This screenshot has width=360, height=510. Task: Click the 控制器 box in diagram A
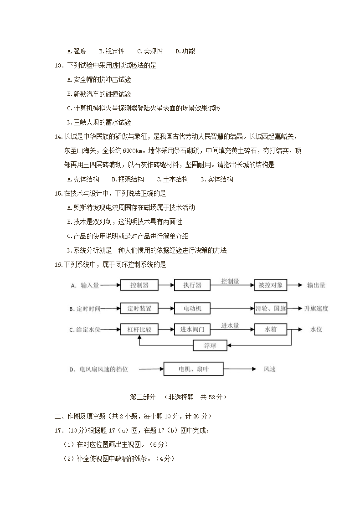pos(139,285)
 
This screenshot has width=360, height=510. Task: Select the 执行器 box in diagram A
pos(192,285)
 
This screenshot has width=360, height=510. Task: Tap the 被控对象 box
pos(271,285)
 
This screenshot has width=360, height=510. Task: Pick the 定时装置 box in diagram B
pos(139,309)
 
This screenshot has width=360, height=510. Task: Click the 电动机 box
pos(192,309)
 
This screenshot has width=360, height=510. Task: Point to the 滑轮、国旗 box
pos(271,309)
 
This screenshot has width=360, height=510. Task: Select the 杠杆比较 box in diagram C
pos(139,329)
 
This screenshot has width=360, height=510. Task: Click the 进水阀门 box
pos(192,329)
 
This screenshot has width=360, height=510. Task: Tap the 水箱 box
pos(271,329)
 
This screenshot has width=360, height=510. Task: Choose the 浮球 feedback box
pos(210,346)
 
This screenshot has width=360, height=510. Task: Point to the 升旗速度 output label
pos(316,309)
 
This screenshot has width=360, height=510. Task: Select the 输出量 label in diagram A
pos(316,285)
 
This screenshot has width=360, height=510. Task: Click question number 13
pos(58,66)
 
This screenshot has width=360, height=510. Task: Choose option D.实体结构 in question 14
pos(217,179)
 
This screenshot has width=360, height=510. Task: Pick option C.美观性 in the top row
pos(150,51)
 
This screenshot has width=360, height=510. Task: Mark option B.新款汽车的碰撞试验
pos(99,94)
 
